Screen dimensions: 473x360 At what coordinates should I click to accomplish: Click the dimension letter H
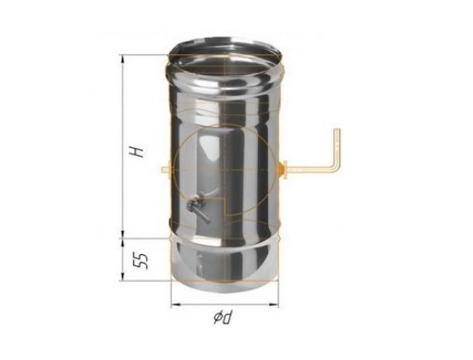137,152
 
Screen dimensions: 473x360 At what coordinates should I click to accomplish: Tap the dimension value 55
141,261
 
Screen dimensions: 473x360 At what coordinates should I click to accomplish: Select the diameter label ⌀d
224,317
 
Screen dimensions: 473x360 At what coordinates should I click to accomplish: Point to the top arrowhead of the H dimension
122,59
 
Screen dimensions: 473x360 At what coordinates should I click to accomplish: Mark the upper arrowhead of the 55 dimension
122,242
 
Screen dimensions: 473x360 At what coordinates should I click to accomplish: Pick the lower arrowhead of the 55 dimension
122,276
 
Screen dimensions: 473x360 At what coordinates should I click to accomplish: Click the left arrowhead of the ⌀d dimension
175,305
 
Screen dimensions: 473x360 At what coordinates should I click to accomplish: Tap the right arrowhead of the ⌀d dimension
274,305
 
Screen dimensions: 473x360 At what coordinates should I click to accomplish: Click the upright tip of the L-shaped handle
337,129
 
